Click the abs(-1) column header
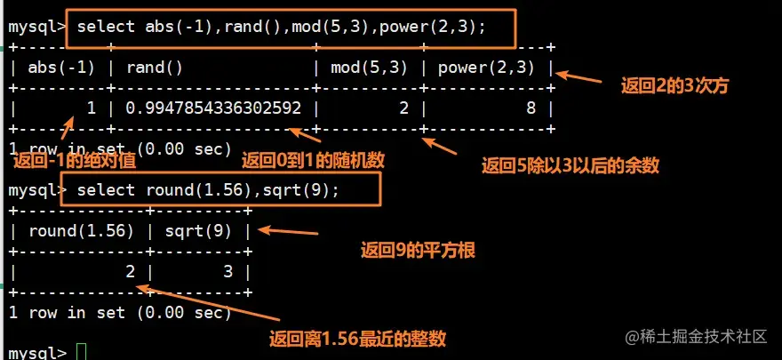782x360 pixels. click(x=61, y=68)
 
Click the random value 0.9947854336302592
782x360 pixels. click(x=213, y=108)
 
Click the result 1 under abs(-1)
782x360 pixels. click(x=90, y=108)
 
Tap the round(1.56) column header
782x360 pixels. click(x=81, y=232)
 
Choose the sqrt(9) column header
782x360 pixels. click(x=207, y=232)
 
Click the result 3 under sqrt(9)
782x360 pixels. click(x=227, y=272)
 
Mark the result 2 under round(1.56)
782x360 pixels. click(x=130, y=272)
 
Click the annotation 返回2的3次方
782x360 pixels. click(x=674, y=86)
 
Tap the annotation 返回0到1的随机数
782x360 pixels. click(x=313, y=161)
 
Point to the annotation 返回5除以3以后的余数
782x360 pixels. click(x=570, y=164)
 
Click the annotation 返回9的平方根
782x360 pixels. click(x=417, y=251)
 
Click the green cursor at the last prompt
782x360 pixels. click(x=83, y=352)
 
